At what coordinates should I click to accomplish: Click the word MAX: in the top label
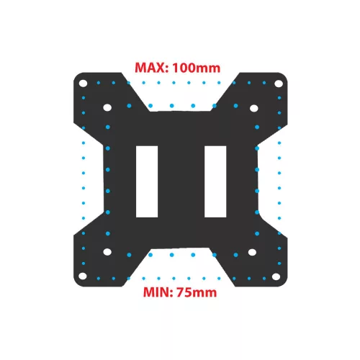(x=151, y=68)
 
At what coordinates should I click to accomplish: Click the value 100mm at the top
(x=197, y=68)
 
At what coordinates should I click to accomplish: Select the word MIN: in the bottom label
(x=158, y=292)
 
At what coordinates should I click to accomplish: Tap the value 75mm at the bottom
(x=197, y=292)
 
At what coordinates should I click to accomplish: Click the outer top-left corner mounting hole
(x=83, y=84)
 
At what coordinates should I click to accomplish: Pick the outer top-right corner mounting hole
(x=279, y=84)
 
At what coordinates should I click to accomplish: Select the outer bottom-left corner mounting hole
(x=83, y=276)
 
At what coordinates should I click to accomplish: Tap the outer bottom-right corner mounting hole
(x=276, y=276)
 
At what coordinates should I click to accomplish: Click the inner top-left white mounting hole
(x=107, y=107)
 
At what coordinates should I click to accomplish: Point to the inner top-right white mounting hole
(x=254, y=108)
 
